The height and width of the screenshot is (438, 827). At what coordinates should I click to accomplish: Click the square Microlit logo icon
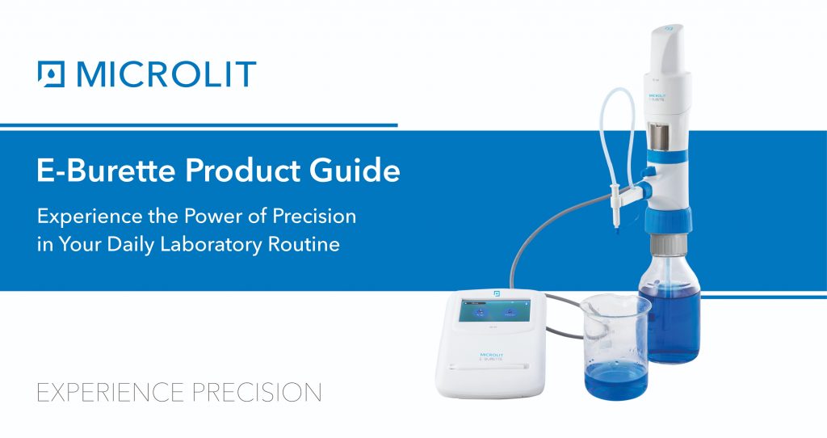click(51, 74)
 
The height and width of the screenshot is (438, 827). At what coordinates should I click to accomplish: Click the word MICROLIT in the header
click(166, 74)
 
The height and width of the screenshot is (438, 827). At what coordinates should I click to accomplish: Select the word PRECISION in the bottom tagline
click(256, 393)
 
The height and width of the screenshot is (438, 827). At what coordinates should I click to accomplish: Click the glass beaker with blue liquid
click(615, 347)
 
